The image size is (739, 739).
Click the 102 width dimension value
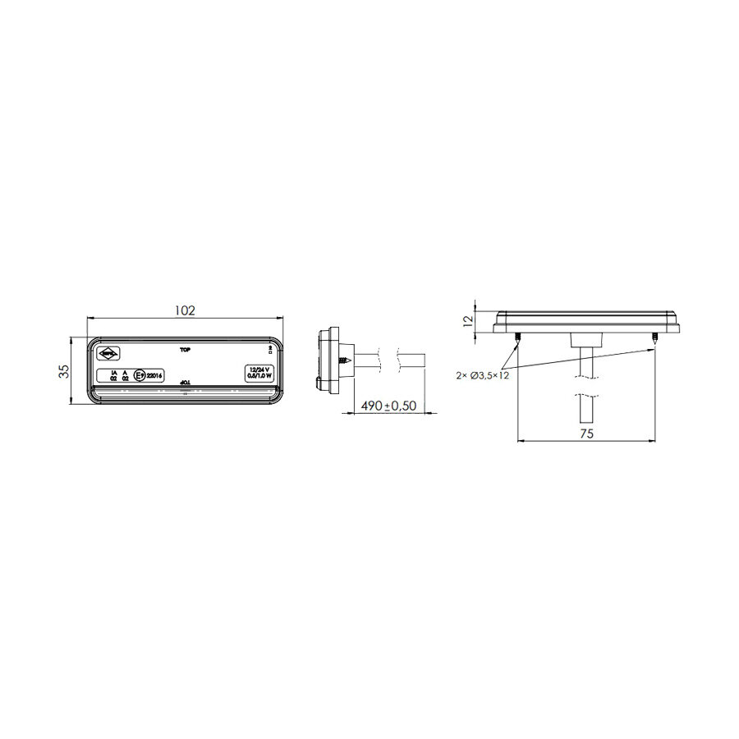(x=186, y=310)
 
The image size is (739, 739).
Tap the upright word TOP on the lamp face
(x=185, y=349)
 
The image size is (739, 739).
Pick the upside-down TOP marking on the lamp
(x=185, y=383)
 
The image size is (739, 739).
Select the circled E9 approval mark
(x=140, y=375)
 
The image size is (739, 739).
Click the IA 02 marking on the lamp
(x=114, y=375)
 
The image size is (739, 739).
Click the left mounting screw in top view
(x=517, y=337)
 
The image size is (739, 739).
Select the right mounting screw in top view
(x=654, y=337)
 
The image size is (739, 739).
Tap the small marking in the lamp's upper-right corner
(x=271, y=351)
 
